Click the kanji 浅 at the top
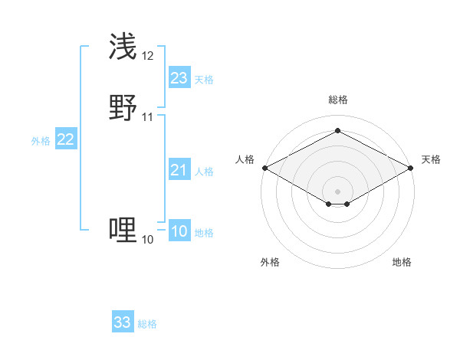pos(123,47)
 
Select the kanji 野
pos(123,108)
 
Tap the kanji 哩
pos(123,230)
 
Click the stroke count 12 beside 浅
pos(147,56)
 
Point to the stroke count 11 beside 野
pos(147,117)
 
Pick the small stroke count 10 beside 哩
pos(147,240)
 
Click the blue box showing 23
pos(179,78)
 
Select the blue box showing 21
pos(179,170)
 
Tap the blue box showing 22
pos(66,139)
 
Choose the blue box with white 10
pos(179,231)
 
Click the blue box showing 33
pos(123,322)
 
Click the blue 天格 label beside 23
pos(204,80)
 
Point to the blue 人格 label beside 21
pos(204,172)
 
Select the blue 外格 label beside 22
pos(41,141)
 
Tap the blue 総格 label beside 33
pos(147,324)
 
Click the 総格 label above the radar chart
pos(337,100)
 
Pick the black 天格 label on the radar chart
pos(431,159)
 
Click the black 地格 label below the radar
pos(402,262)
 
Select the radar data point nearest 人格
pos(264,168)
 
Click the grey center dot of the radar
pos(337,191)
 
